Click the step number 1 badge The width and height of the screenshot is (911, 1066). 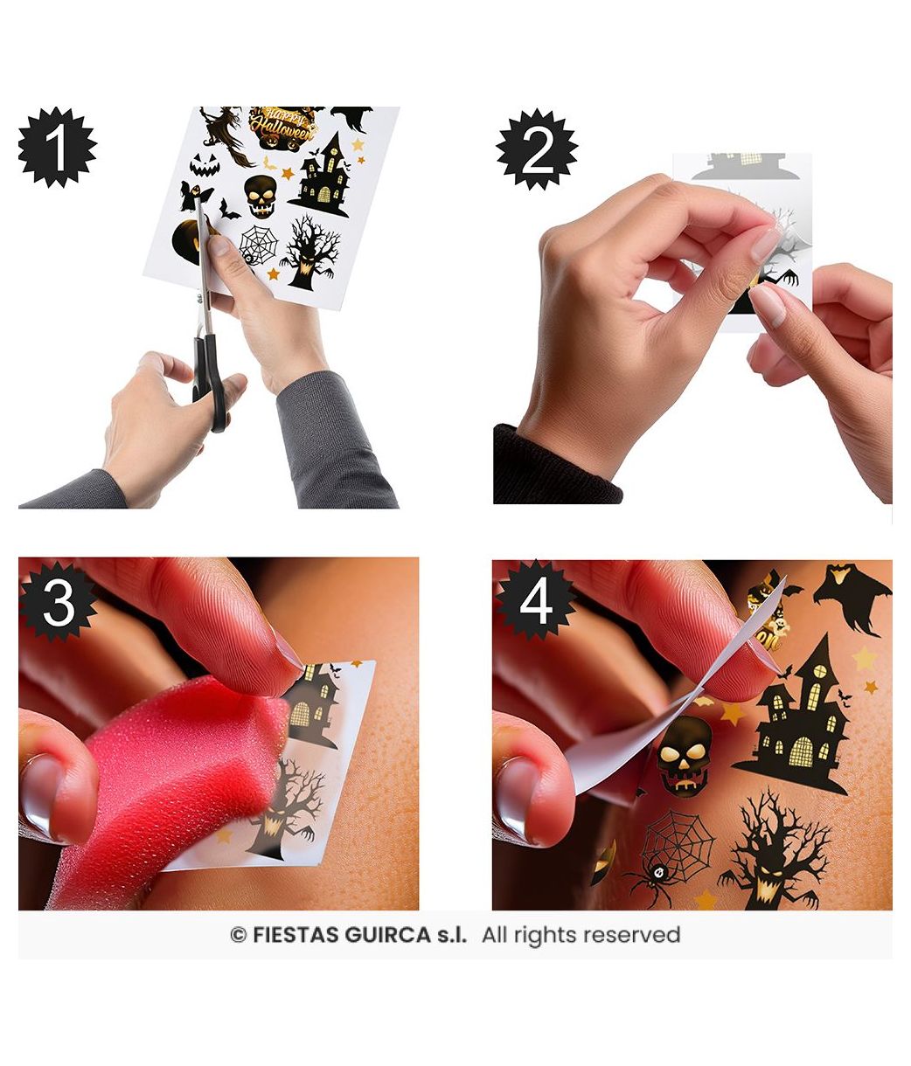[58, 148]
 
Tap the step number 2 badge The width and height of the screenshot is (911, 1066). [537, 149]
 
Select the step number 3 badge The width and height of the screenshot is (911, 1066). [59, 602]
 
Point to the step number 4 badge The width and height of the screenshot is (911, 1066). [535, 602]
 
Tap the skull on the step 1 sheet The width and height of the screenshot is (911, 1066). [261, 197]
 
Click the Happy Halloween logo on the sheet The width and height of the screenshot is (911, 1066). [282, 128]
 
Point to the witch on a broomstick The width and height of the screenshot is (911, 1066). [225, 135]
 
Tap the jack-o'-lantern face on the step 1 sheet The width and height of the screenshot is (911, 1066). [205, 165]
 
